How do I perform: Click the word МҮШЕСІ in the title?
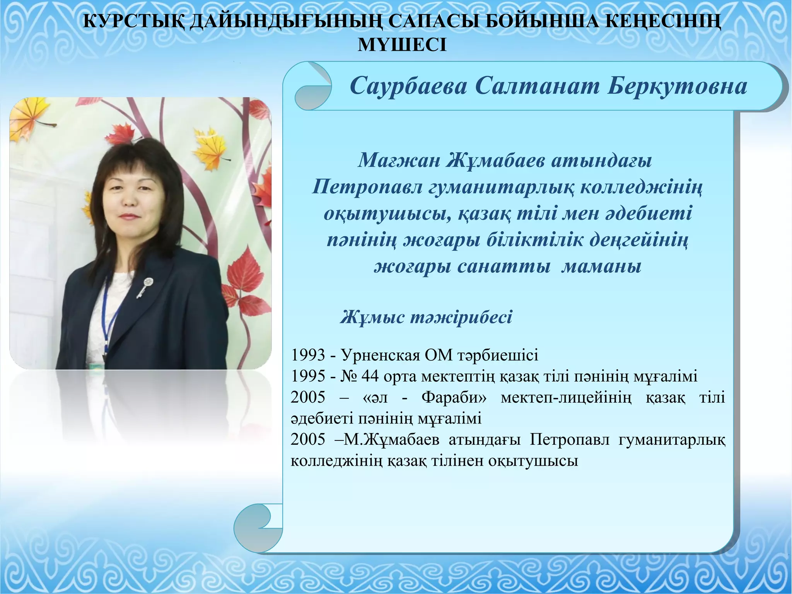tap(402, 45)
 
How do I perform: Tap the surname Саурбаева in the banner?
tap(408, 86)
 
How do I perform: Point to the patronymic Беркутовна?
tap(677, 86)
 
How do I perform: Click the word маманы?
tap(601, 267)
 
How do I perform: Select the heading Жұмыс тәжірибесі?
tap(426, 317)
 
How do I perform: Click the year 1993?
tap(308, 355)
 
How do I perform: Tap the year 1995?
tap(308, 376)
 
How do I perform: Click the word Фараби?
tap(454, 398)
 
